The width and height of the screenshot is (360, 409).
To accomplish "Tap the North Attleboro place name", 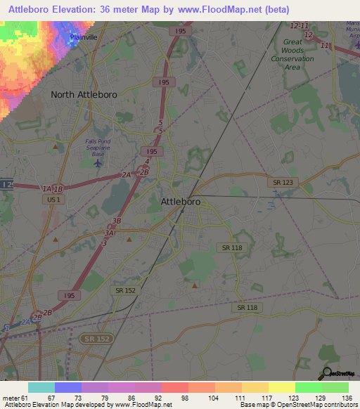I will [83, 94].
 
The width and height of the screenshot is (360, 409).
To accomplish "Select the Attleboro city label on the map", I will [181, 202].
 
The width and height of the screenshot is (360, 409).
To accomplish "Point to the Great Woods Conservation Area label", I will [292, 51].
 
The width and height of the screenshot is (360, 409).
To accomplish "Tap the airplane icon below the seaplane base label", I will [97, 163].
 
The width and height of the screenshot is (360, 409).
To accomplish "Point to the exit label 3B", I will [117, 221].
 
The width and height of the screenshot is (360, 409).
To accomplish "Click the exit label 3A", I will [109, 233].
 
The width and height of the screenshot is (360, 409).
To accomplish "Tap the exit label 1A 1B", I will [52, 189].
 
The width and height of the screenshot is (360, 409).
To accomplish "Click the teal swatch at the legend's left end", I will [41, 387].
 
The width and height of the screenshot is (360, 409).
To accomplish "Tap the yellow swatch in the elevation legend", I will [281, 387].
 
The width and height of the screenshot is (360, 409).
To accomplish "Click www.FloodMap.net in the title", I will [223, 8].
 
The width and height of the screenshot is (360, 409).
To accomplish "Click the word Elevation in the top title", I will [82, 8].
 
